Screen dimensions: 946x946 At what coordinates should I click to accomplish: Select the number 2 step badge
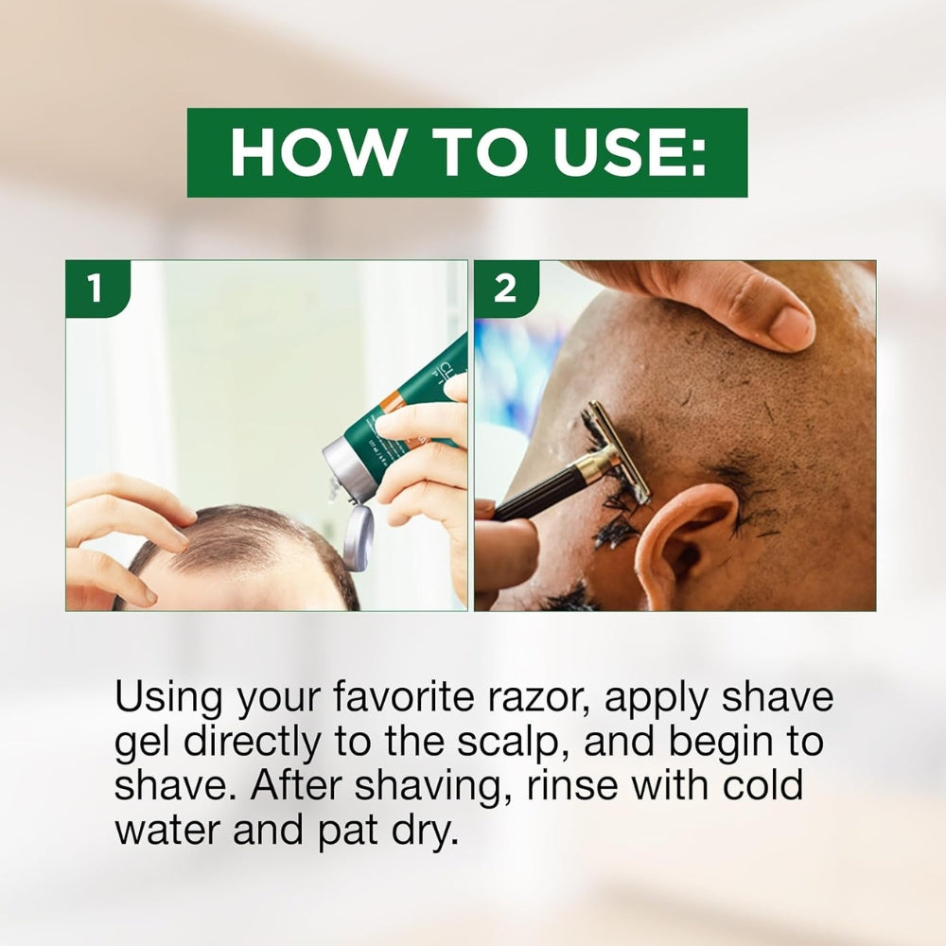coord(505,289)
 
